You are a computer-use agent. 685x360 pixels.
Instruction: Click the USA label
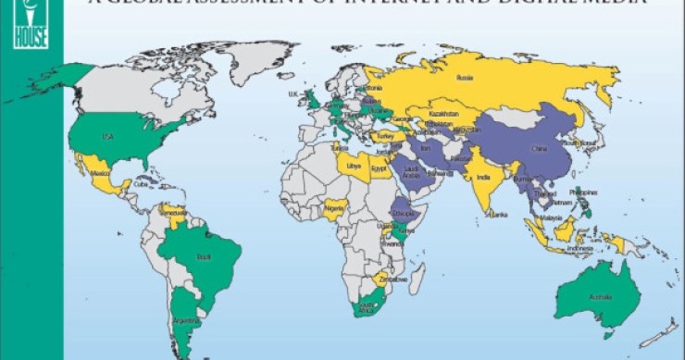point(107,138)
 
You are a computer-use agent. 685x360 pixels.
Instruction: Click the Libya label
point(353,167)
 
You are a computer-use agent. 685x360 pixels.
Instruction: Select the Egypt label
point(378,169)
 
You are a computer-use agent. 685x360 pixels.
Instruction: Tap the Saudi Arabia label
point(411,173)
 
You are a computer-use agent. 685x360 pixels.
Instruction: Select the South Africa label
point(368,308)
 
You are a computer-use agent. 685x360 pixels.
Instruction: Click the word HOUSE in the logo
point(31,43)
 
